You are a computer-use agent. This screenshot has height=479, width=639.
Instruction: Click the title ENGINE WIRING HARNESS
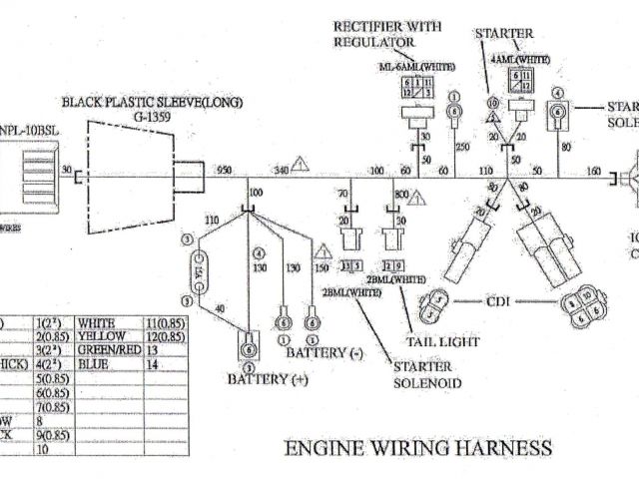tap(418, 448)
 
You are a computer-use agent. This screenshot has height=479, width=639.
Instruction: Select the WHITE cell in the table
tap(103, 323)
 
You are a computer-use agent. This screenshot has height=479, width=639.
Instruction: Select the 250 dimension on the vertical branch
tap(461, 147)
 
